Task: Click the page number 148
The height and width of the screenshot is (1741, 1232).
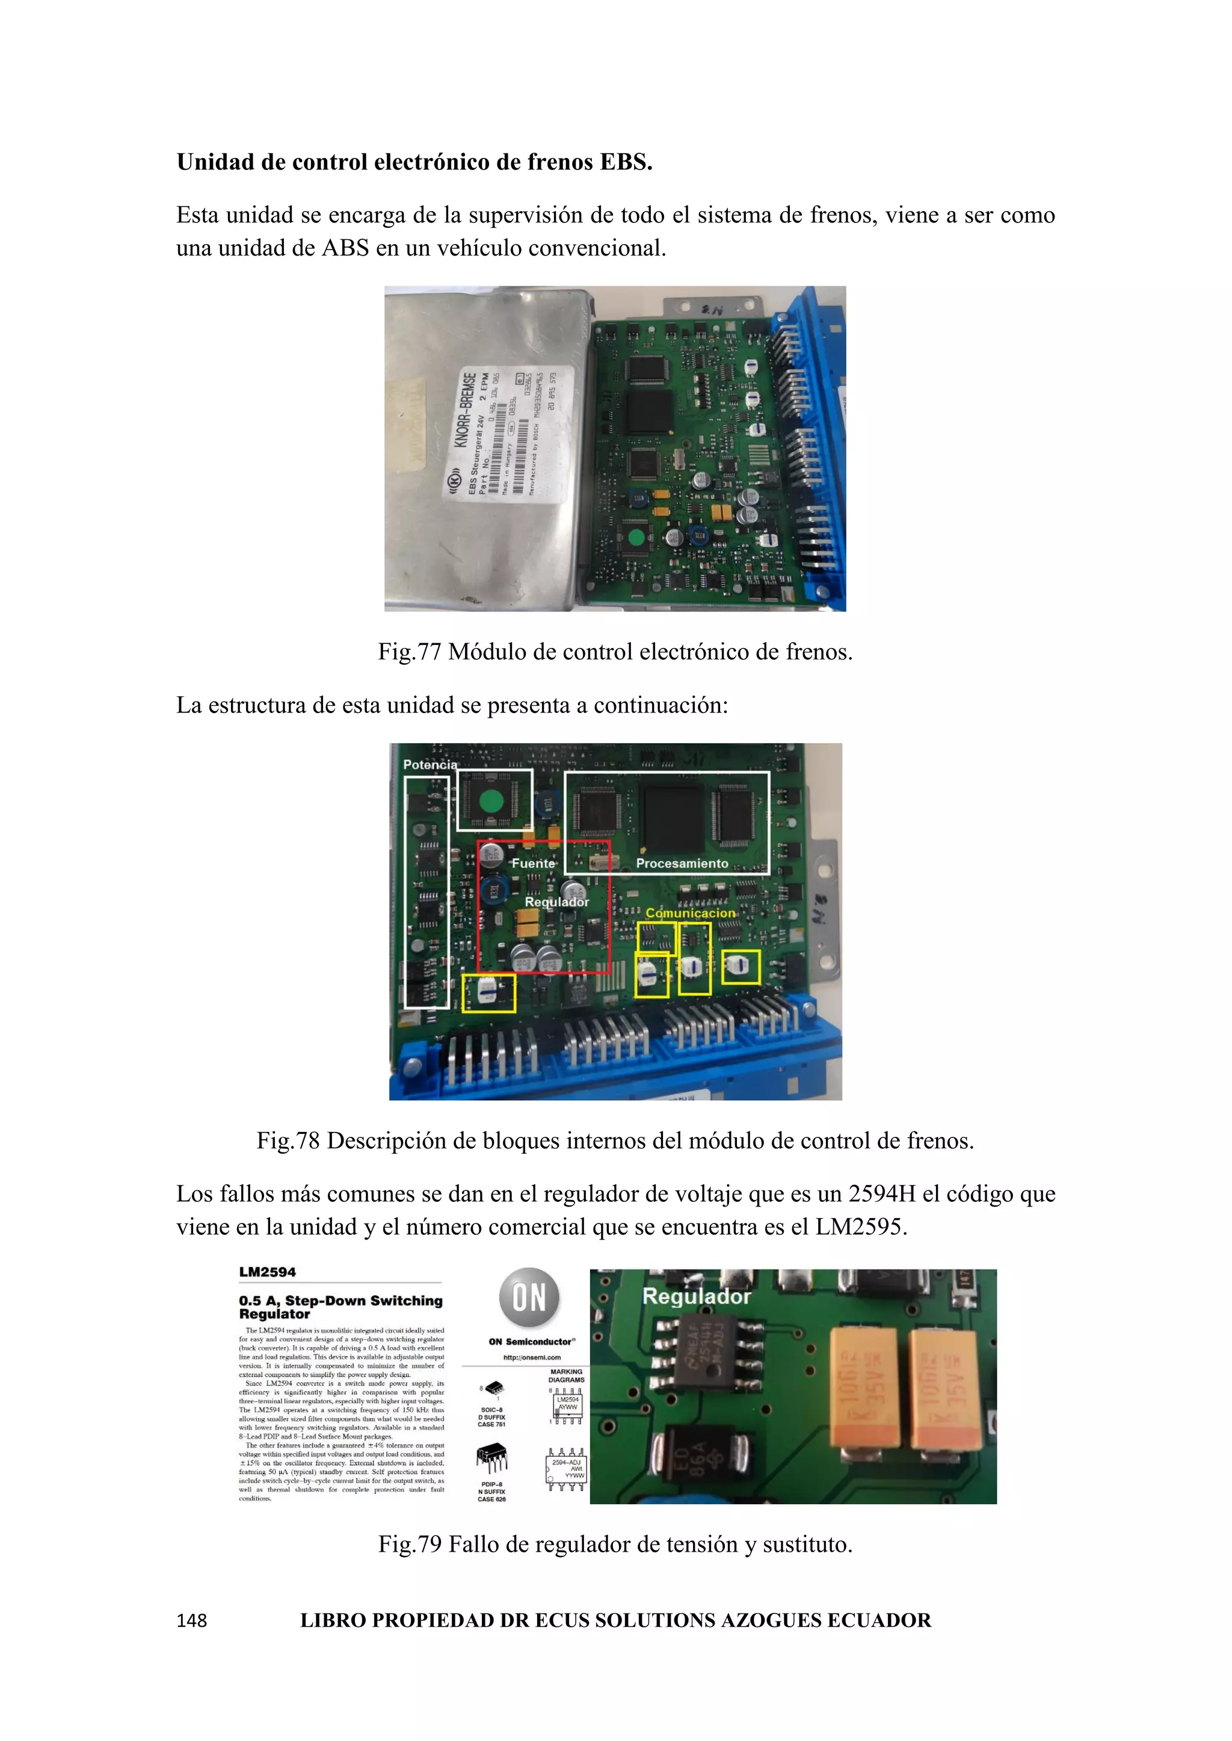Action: coord(191,1620)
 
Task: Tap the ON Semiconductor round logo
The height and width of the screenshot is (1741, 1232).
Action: coord(529,1297)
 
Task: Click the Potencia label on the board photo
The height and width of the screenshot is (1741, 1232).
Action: coord(430,764)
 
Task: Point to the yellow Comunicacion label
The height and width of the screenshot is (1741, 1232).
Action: coord(689,913)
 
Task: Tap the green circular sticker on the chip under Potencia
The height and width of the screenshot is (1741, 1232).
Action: coord(491,801)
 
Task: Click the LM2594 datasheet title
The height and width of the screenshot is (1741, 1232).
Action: coord(267,1271)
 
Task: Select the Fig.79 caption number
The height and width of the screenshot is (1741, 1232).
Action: coord(410,1544)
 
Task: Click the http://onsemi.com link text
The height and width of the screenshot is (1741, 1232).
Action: coord(532,1357)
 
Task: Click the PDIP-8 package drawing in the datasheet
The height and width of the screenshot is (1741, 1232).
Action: coord(491,1457)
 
